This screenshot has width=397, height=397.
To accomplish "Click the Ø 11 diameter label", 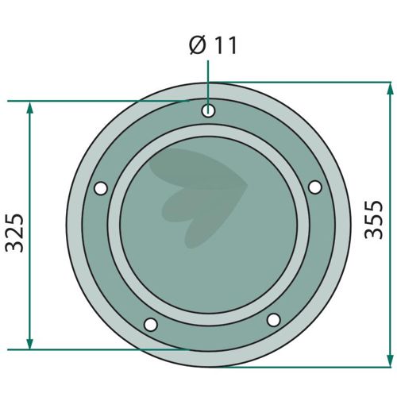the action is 213,46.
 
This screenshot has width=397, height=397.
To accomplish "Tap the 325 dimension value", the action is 15,233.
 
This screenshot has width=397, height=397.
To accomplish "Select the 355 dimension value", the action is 374,220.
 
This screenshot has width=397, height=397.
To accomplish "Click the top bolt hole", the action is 208,110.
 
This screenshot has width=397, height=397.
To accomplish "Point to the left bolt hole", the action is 101,188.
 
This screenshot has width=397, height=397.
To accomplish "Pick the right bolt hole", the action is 315,187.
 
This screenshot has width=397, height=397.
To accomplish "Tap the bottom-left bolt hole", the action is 151,324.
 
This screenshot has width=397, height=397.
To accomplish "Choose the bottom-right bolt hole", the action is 274,320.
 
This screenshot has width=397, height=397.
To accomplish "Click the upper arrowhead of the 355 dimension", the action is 390,89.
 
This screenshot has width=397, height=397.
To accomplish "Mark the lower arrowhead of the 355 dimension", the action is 390,360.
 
